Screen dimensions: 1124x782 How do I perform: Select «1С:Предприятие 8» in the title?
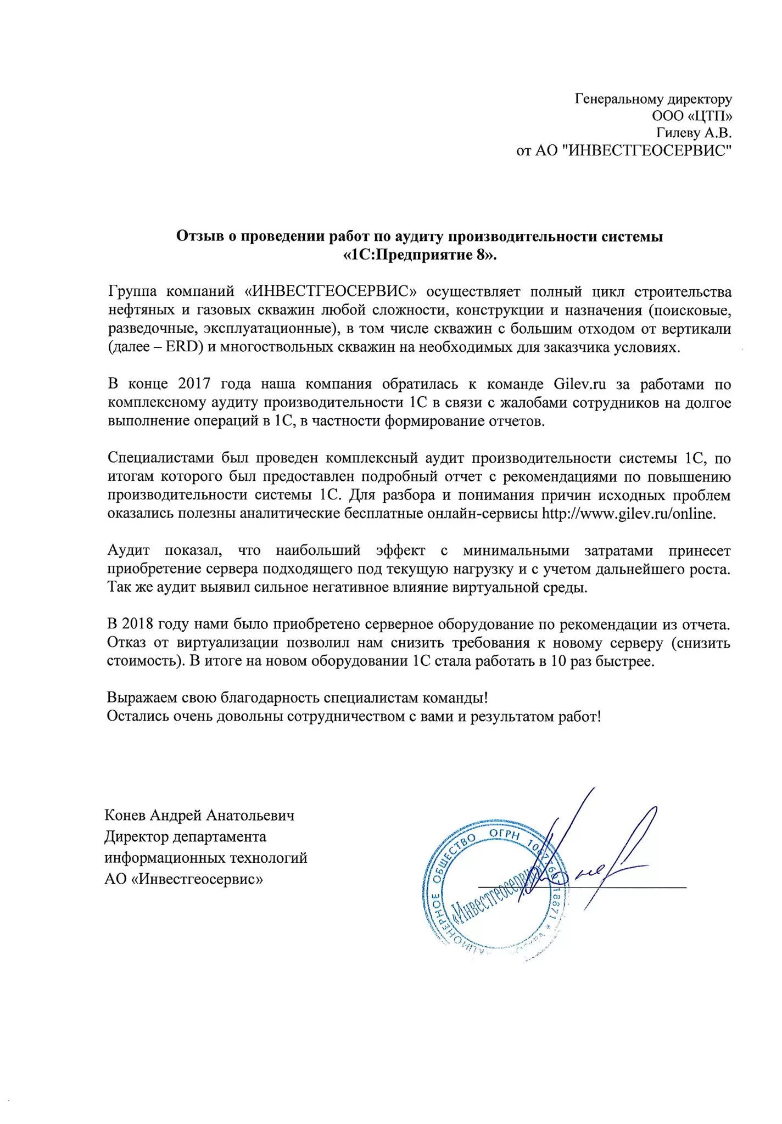(420, 255)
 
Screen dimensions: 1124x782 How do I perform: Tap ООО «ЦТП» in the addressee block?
(692, 116)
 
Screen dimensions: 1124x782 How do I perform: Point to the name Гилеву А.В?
(694, 133)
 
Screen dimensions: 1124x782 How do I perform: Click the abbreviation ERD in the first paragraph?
(180, 347)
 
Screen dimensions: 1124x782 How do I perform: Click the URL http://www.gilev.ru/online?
(629, 514)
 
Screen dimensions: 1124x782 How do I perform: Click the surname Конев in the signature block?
(125, 815)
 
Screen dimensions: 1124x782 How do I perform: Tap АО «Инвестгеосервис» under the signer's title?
(183, 879)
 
